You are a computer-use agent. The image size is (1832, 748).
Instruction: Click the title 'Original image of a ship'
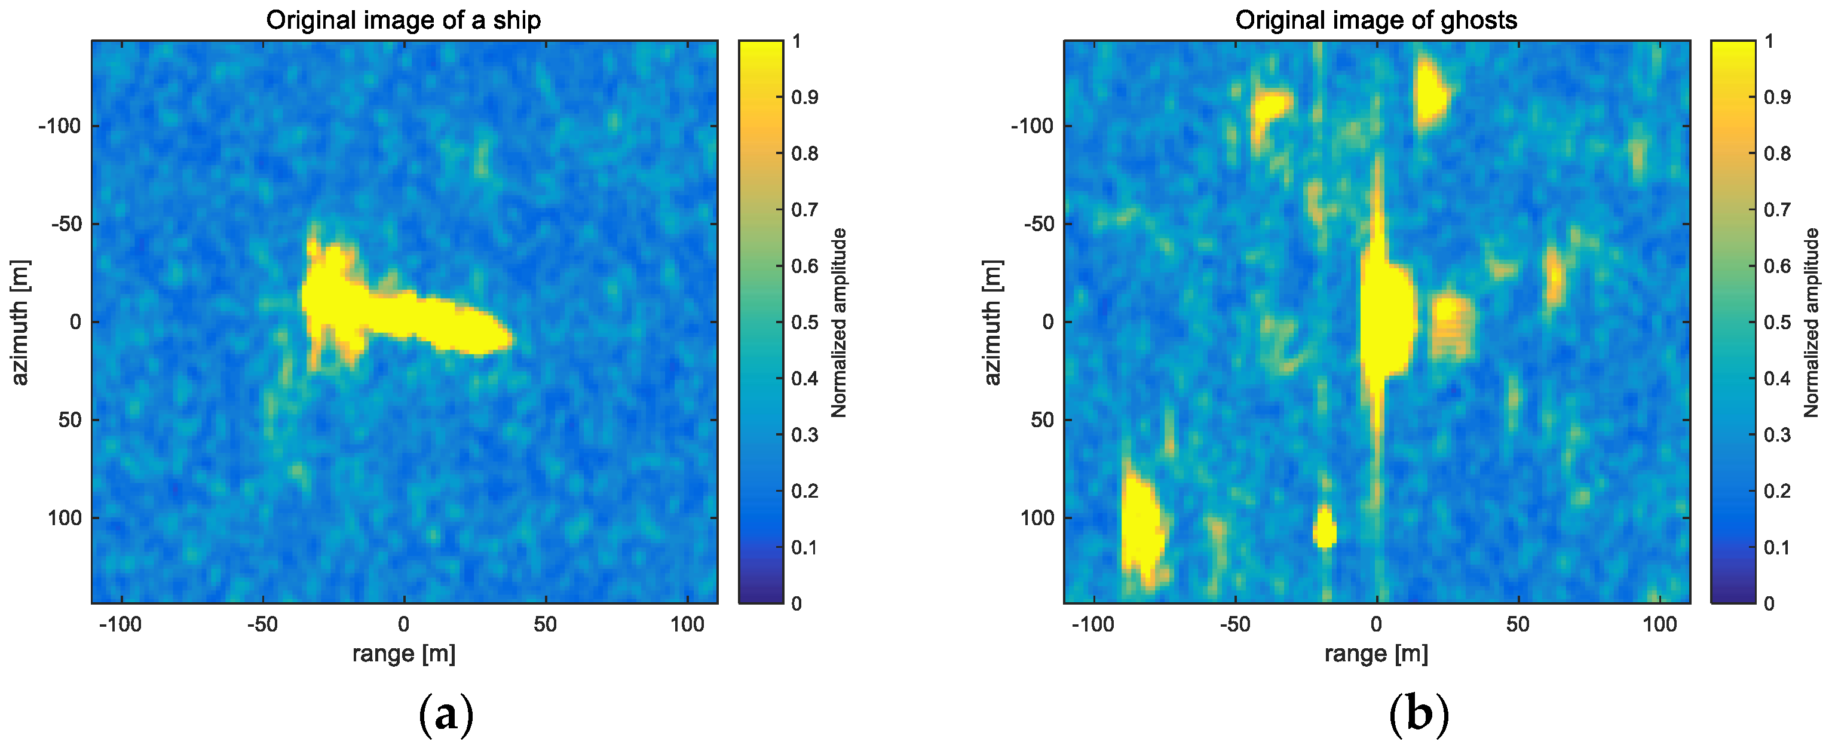click(403, 20)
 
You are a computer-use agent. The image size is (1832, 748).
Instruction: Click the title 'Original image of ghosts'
click(1375, 20)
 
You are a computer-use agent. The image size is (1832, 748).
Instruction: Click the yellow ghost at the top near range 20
click(1429, 93)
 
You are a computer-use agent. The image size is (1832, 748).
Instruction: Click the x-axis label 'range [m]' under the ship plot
click(403, 653)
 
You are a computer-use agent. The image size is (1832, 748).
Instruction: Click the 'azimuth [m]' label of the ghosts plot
click(992, 322)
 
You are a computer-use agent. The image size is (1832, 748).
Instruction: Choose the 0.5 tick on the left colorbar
click(804, 322)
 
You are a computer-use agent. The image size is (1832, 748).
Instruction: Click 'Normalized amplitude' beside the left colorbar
click(839, 322)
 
